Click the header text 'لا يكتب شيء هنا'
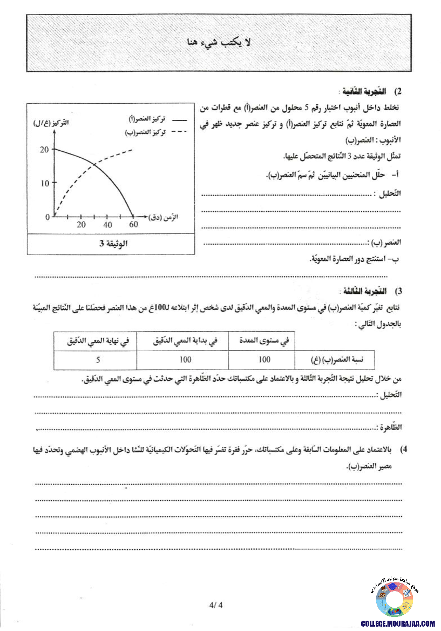[220, 43]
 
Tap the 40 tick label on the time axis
[108, 225]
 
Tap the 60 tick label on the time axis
[133, 225]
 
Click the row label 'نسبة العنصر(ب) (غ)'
[335, 359]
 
